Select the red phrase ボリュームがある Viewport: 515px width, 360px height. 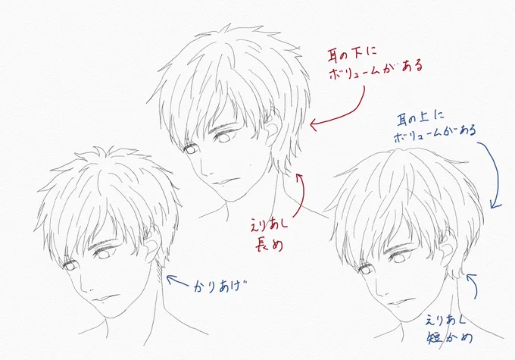(x=375, y=70)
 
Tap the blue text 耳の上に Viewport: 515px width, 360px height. (x=420, y=118)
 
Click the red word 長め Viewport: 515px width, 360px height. (x=269, y=245)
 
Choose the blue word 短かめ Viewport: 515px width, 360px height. (x=450, y=338)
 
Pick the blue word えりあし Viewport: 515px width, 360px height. (x=445, y=320)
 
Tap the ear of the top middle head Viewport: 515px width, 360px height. (x=273, y=132)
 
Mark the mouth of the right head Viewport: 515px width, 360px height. (x=401, y=302)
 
